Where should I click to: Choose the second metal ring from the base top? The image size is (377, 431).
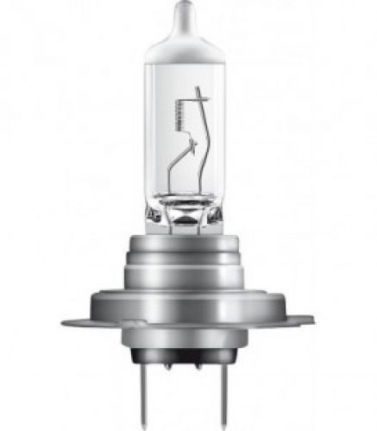[188, 250]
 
